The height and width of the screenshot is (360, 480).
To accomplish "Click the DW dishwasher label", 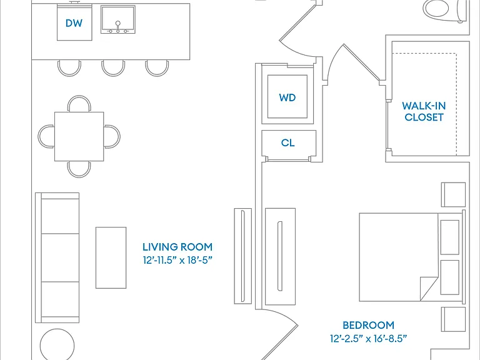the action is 74,23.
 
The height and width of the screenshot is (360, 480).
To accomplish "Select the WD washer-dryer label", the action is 287,97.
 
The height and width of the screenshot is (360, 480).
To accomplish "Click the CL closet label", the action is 287,142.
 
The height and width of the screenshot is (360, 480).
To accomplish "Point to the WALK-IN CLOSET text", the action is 424,111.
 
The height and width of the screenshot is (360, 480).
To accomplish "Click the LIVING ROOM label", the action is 177,247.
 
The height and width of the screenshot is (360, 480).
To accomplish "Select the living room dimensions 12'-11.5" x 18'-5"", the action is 177,261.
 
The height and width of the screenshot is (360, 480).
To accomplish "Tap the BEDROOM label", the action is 368,325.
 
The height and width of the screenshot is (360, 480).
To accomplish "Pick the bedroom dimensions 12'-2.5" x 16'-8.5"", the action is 368,339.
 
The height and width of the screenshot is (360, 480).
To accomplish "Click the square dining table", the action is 79,136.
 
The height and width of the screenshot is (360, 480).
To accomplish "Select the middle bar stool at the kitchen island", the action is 113,68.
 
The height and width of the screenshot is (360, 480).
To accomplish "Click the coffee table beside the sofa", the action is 111,257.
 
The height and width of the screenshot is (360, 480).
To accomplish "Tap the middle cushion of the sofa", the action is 60,257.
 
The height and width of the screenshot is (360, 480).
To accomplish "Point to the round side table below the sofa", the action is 57,345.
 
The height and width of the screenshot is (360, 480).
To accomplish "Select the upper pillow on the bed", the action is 450,237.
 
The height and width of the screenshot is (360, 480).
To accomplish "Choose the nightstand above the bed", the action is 453,195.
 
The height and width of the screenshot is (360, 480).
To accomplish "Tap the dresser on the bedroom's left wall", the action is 281,256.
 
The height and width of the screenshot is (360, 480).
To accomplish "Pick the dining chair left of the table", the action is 46,136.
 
